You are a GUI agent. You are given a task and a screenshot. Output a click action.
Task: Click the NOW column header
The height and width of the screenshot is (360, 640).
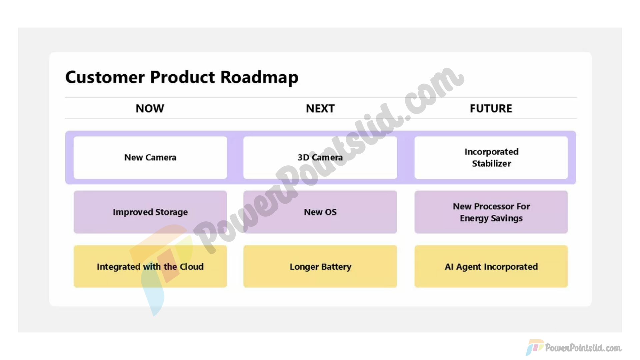click(x=150, y=108)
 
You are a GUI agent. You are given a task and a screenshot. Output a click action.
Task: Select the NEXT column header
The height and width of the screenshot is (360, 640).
click(x=320, y=108)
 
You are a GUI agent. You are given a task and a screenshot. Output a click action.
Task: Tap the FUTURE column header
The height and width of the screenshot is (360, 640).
click(x=491, y=108)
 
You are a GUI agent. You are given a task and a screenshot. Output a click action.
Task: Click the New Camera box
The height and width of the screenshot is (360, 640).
click(x=150, y=157)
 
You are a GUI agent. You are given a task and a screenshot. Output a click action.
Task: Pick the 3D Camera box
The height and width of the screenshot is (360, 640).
click(x=320, y=157)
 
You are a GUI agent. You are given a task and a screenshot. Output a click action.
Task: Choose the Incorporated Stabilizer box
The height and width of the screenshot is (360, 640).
click(x=491, y=157)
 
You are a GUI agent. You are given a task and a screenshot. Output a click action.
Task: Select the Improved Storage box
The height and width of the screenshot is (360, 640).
click(x=150, y=212)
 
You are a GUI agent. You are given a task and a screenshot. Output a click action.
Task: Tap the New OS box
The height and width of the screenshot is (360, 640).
click(x=320, y=212)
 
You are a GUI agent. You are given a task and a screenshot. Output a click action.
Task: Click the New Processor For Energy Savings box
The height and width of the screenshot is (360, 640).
click(x=491, y=212)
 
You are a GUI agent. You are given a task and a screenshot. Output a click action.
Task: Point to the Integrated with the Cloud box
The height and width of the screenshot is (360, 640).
click(x=150, y=266)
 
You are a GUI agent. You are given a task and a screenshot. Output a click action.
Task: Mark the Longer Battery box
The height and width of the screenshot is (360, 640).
click(x=320, y=266)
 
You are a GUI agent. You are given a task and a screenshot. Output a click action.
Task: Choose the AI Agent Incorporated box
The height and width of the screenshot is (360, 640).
click(x=491, y=266)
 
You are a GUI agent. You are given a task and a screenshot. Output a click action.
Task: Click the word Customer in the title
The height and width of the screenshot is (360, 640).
click(x=105, y=77)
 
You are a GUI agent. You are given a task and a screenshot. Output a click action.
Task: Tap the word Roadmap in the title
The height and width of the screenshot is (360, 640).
click(x=259, y=78)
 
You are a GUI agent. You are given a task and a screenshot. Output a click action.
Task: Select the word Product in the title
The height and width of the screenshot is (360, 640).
click(x=182, y=77)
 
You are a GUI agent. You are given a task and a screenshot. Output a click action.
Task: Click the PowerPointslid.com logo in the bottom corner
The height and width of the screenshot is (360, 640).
click(x=574, y=348)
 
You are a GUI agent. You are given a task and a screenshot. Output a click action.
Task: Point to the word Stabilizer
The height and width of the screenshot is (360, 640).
click(x=491, y=163)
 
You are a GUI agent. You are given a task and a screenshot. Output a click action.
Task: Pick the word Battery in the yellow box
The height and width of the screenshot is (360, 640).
click(x=336, y=267)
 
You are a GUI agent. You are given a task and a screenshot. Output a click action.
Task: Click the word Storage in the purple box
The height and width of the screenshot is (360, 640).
click(x=171, y=213)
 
